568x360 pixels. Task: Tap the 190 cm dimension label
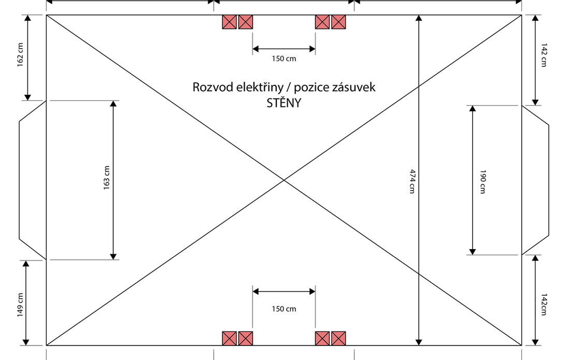pos(482,181)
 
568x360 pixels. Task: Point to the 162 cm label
pos(20,54)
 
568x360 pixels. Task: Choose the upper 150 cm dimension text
pos(284,59)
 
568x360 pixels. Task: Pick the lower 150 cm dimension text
pos(284,309)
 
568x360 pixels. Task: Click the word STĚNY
pos(283,103)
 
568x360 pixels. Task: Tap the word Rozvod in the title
pos(210,87)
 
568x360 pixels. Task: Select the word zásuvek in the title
pos(355,87)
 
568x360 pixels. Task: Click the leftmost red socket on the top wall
pos(230,22)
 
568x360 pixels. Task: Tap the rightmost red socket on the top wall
pos(338,22)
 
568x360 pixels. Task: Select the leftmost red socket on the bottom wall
pos(230,338)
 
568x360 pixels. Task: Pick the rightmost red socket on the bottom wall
pos(338,338)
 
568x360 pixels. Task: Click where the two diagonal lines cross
pos(284,180)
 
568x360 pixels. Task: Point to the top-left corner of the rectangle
pos(47,15)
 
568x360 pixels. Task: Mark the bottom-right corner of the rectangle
pos(521,345)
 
